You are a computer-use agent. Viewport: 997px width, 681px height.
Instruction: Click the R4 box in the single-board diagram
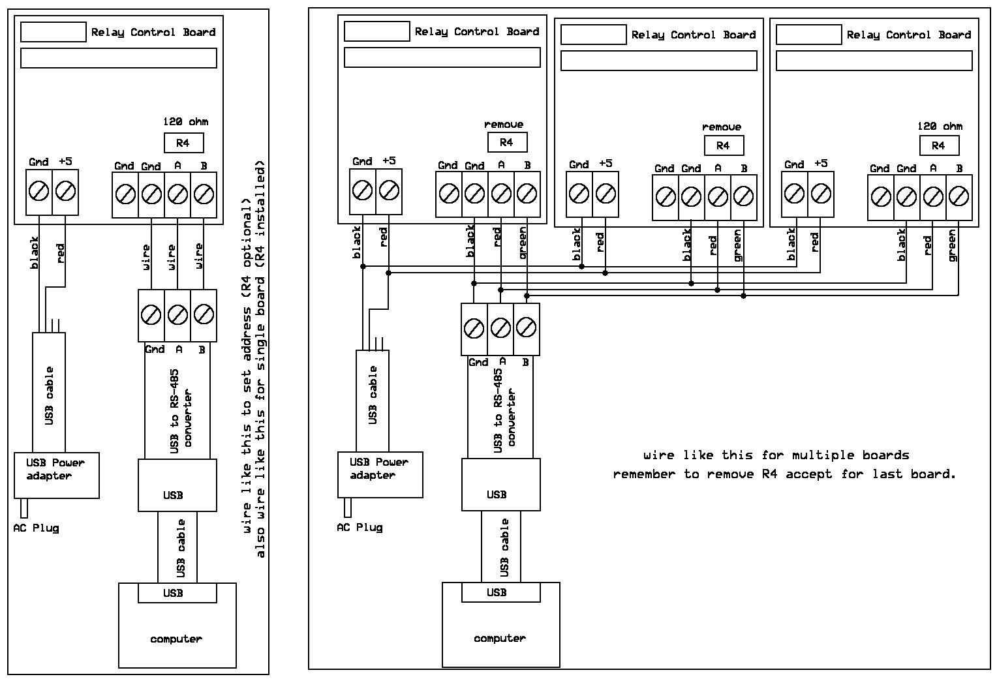[x=183, y=143]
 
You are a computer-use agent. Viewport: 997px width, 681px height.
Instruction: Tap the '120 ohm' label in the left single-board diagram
[x=186, y=121]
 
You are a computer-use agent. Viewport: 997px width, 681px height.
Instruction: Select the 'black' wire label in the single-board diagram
[x=35, y=252]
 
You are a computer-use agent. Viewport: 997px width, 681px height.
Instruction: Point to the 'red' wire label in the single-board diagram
[x=61, y=253]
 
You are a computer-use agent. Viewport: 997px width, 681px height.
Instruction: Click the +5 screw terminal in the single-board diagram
[x=65, y=192]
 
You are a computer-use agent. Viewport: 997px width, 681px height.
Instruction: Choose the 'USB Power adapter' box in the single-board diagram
[x=57, y=476]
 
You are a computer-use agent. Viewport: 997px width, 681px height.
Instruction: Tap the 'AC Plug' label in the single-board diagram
[x=37, y=528]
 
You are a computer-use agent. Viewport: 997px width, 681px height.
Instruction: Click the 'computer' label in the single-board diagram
[x=176, y=639]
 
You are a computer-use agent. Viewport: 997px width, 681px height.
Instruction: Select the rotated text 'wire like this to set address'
[x=247, y=366]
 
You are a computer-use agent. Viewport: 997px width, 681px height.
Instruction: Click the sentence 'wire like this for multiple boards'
[x=776, y=455]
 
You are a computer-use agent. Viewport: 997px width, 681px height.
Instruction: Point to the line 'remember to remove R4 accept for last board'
[x=784, y=474]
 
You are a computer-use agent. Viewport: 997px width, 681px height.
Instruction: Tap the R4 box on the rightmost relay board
[x=938, y=145]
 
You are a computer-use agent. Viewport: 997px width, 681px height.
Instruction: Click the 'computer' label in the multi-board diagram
[x=500, y=638]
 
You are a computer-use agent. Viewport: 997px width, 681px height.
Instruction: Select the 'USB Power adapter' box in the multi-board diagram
[x=380, y=475]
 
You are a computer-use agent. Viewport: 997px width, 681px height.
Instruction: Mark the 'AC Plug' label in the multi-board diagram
[x=360, y=527]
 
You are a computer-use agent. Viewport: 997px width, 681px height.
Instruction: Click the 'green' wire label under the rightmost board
[x=952, y=245]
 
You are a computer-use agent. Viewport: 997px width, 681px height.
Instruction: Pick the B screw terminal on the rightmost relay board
[x=959, y=196]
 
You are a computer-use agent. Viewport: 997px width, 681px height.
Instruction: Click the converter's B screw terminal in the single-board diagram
[x=204, y=315]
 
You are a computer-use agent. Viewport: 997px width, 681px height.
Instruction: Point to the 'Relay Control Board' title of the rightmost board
[x=908, y=35]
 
